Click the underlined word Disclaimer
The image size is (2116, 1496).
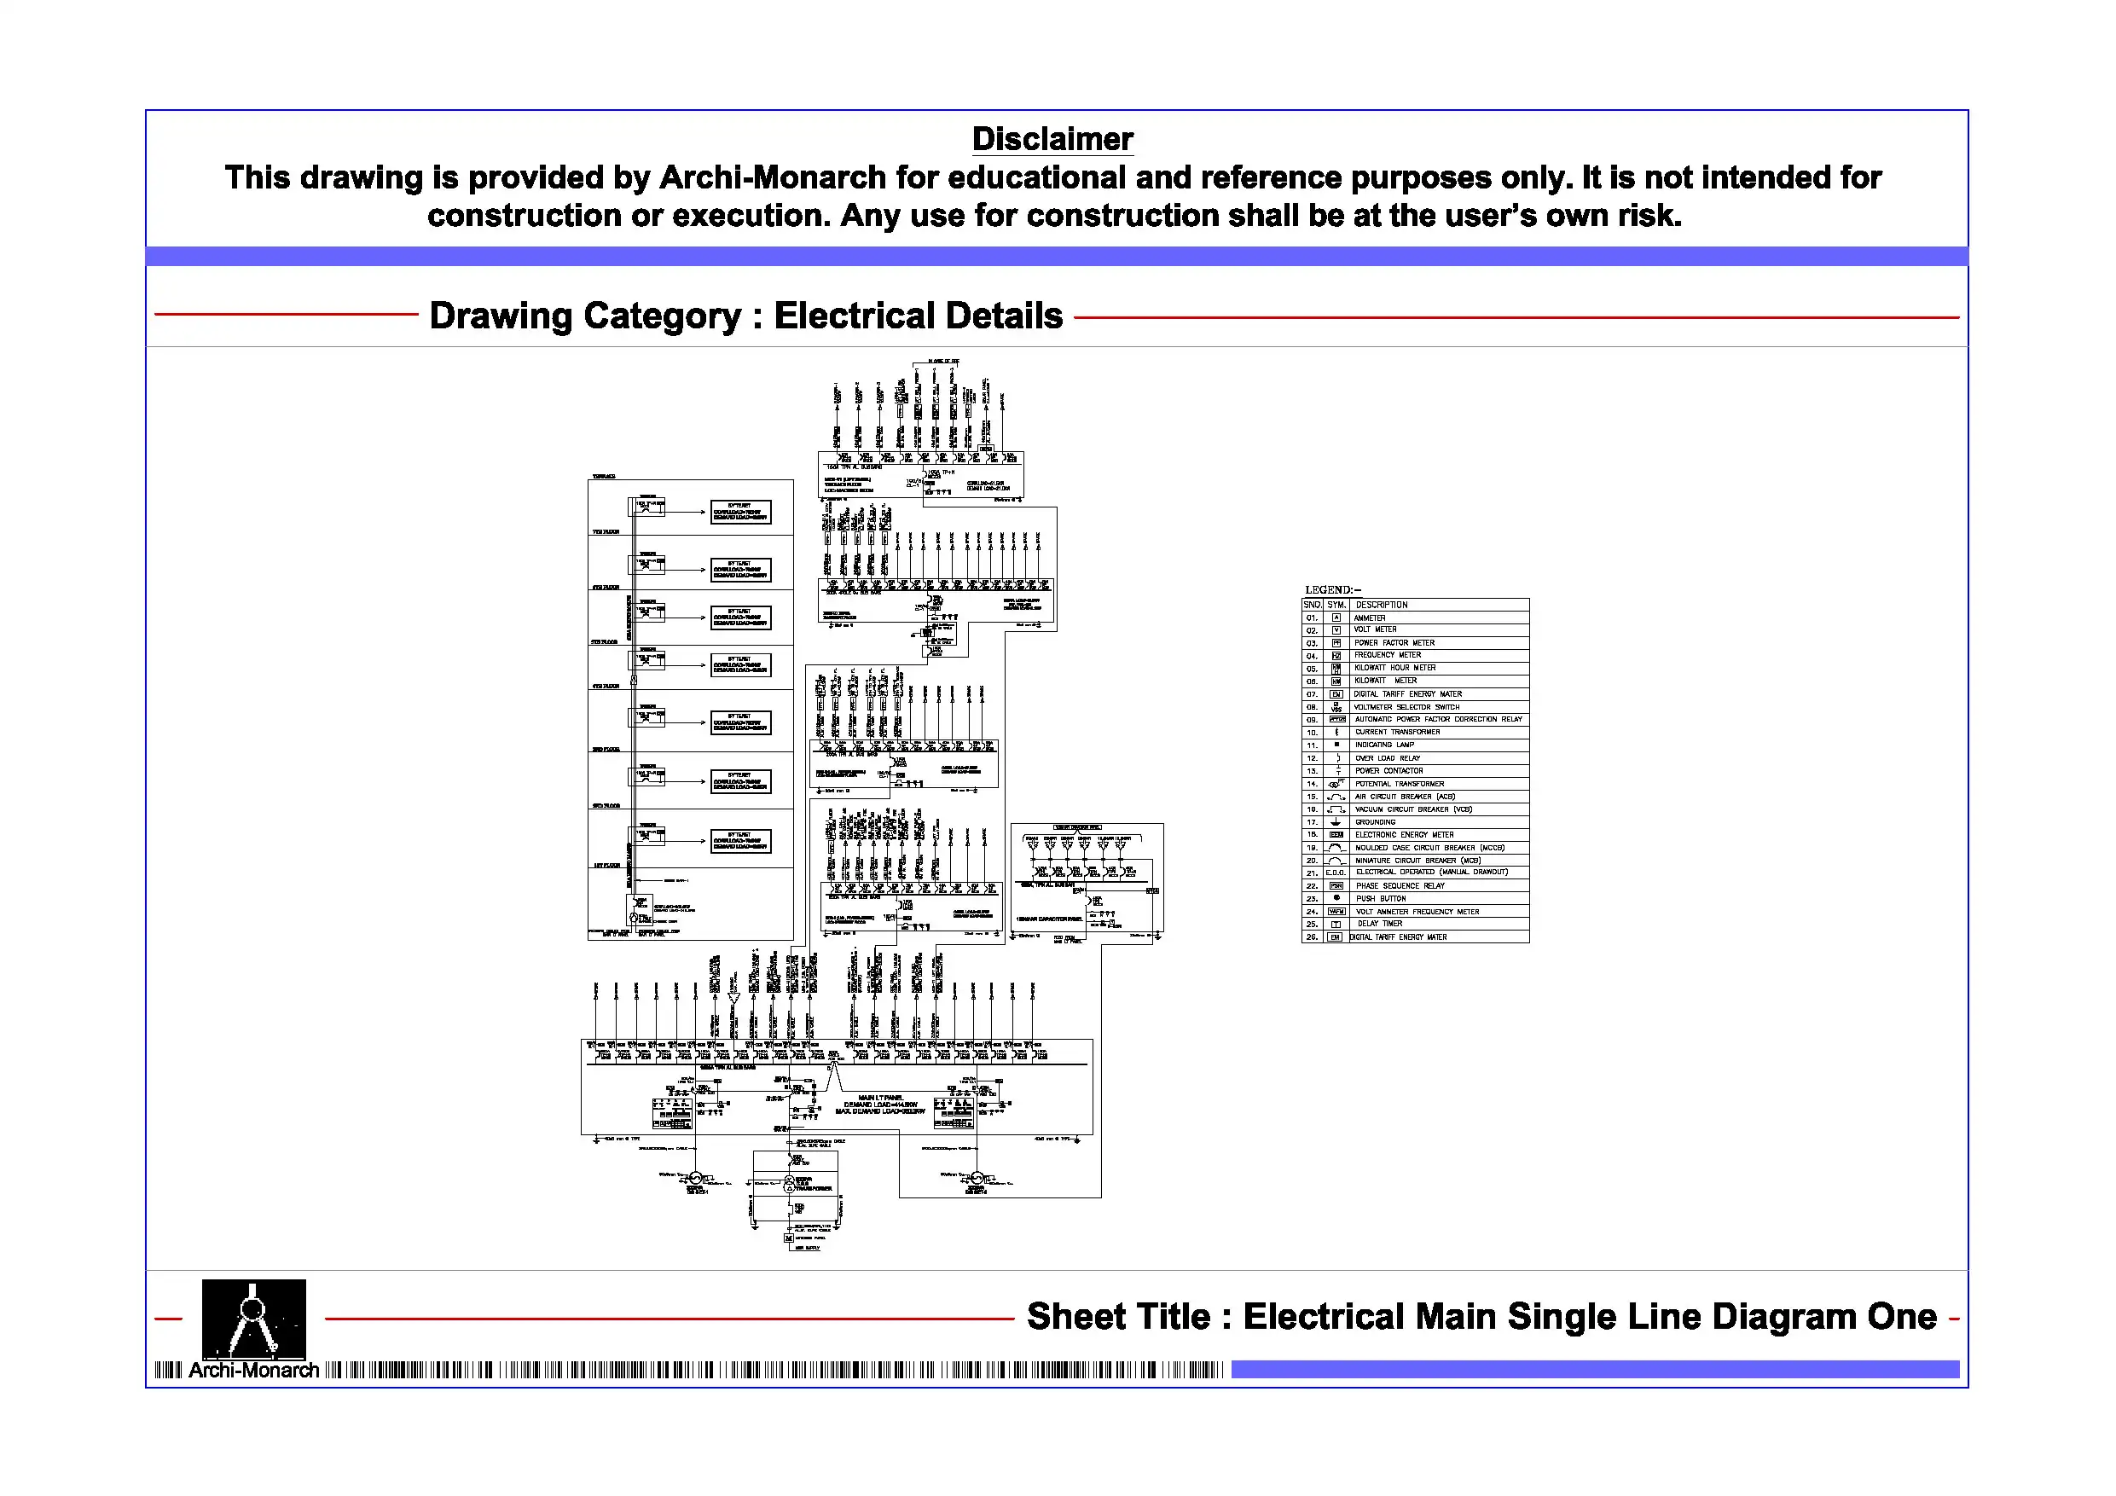[1052, 139]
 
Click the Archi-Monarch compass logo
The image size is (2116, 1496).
[253, 1318]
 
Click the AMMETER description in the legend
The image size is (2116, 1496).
[1370, 618]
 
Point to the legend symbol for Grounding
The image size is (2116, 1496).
[1336, 822]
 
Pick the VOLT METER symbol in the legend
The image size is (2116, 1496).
[1336, 630]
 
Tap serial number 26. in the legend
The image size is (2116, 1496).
[1312, 937]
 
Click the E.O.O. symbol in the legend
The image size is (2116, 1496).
[1336, 873]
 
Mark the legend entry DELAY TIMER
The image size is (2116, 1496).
[1380, 924]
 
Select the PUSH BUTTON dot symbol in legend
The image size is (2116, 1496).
[1336, 898]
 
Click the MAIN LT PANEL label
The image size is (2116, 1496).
[880, 1098]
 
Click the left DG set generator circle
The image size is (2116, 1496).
[697, 1179]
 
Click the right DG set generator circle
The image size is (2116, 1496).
[977, 1179]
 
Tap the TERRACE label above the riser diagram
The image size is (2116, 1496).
[604, 477]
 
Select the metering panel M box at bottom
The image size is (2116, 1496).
[789, 1238]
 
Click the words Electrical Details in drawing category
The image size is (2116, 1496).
[918, 316]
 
